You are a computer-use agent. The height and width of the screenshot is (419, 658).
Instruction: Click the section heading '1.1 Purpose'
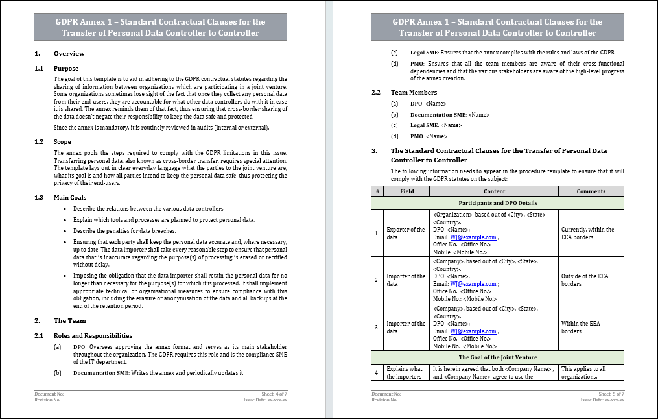(x=65, y=68)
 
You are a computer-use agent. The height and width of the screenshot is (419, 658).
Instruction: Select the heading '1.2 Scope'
(x=63, y=142)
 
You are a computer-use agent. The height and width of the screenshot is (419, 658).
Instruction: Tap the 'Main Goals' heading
(x=69, y=198)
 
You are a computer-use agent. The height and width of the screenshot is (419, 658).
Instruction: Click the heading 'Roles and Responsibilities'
(x=93, y=335)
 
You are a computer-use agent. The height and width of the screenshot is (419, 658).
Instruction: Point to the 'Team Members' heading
(x=414, y=93)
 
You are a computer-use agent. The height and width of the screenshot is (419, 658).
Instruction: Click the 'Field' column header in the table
(x=406, y=191)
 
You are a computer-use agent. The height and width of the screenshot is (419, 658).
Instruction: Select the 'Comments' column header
(x=591, y=191)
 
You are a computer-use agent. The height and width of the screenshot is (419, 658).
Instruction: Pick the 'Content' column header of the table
(x=495, y=191)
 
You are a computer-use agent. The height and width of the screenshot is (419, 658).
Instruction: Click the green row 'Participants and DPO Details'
(x=497, y=203)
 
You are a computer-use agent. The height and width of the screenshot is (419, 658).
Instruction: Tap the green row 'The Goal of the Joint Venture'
(x=497, y=357)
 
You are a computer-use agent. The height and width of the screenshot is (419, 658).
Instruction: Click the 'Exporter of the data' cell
(x=406, y=233)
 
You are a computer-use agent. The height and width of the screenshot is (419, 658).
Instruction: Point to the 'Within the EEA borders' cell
(x=580, y=328)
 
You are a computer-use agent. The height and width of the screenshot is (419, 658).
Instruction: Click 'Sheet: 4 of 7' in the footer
(x=274, y=394)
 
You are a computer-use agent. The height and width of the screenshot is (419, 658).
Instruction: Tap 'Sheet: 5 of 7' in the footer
(x=611, y=394)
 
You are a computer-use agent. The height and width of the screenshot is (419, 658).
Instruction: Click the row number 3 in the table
(x=377, y=328)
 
